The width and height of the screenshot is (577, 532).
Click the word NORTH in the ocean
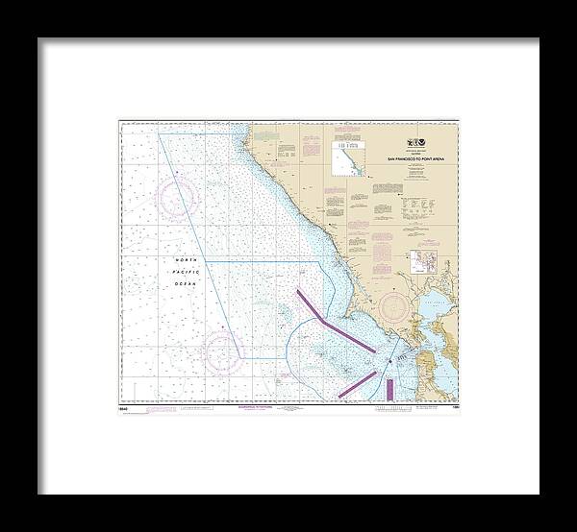point(185,262)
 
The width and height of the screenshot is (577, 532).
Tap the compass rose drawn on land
point(398,308)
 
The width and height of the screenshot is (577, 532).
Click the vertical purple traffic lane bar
point(390,387)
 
